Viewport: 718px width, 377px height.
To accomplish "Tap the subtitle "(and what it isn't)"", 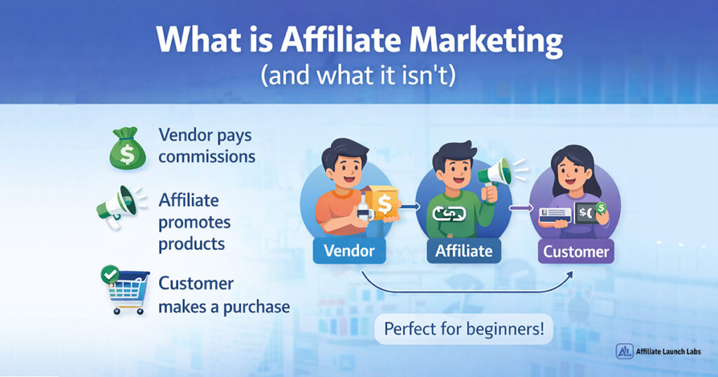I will click(x=358, y=75).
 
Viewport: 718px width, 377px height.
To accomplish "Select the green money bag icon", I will click(x=126, y=147).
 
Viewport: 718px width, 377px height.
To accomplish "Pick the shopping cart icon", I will click(x=126, y=291).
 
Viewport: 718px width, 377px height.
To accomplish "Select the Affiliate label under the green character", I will click(x=463, y=249).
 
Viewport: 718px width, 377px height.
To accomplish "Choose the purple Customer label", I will click(x=575, y=249).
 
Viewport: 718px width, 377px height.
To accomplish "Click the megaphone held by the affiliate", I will click(x=495, y=171).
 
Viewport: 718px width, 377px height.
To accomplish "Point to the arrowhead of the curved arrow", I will click(x=569, y=274).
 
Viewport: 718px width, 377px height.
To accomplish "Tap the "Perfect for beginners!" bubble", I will click(x=463, y=328).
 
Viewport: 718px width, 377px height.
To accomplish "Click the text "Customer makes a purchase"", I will click(x=224, y=295).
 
